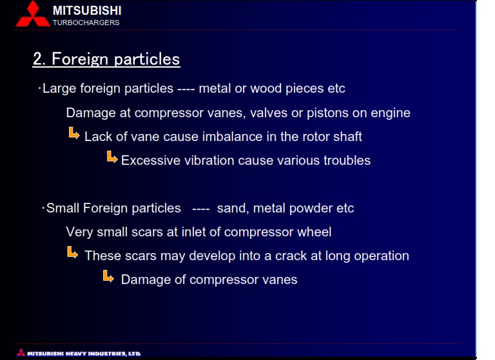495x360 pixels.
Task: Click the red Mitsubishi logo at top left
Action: [32, 14]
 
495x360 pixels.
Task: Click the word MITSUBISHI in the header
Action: [87, 11]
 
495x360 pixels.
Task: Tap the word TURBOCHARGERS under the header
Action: [86, 23]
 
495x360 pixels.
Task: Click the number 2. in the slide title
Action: [39, 59]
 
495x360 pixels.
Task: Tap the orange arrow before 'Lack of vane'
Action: [74, 133]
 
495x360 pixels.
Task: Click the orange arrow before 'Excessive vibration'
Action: [112, 156]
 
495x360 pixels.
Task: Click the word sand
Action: [231, 209]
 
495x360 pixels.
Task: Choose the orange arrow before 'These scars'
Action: [73, 252]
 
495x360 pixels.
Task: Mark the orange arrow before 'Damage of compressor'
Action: [108, 276]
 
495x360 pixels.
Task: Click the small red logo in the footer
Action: [21, 352]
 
